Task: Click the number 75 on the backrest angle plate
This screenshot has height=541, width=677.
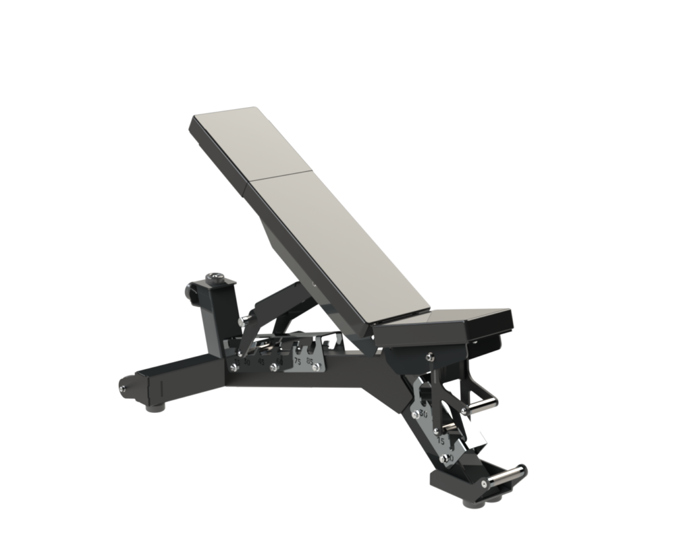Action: pyautogui.click(x=298, y=361)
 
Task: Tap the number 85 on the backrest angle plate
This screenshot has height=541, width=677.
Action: pyautogui.click(x=310, y=361)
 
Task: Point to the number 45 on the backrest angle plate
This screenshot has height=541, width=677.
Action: pyautogui.click(x=261, y=361)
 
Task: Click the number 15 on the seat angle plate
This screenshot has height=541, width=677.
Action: pyautogui.click(x=442, y=439)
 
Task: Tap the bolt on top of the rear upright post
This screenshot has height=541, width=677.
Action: pyautogui.click(x=216, y=277)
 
